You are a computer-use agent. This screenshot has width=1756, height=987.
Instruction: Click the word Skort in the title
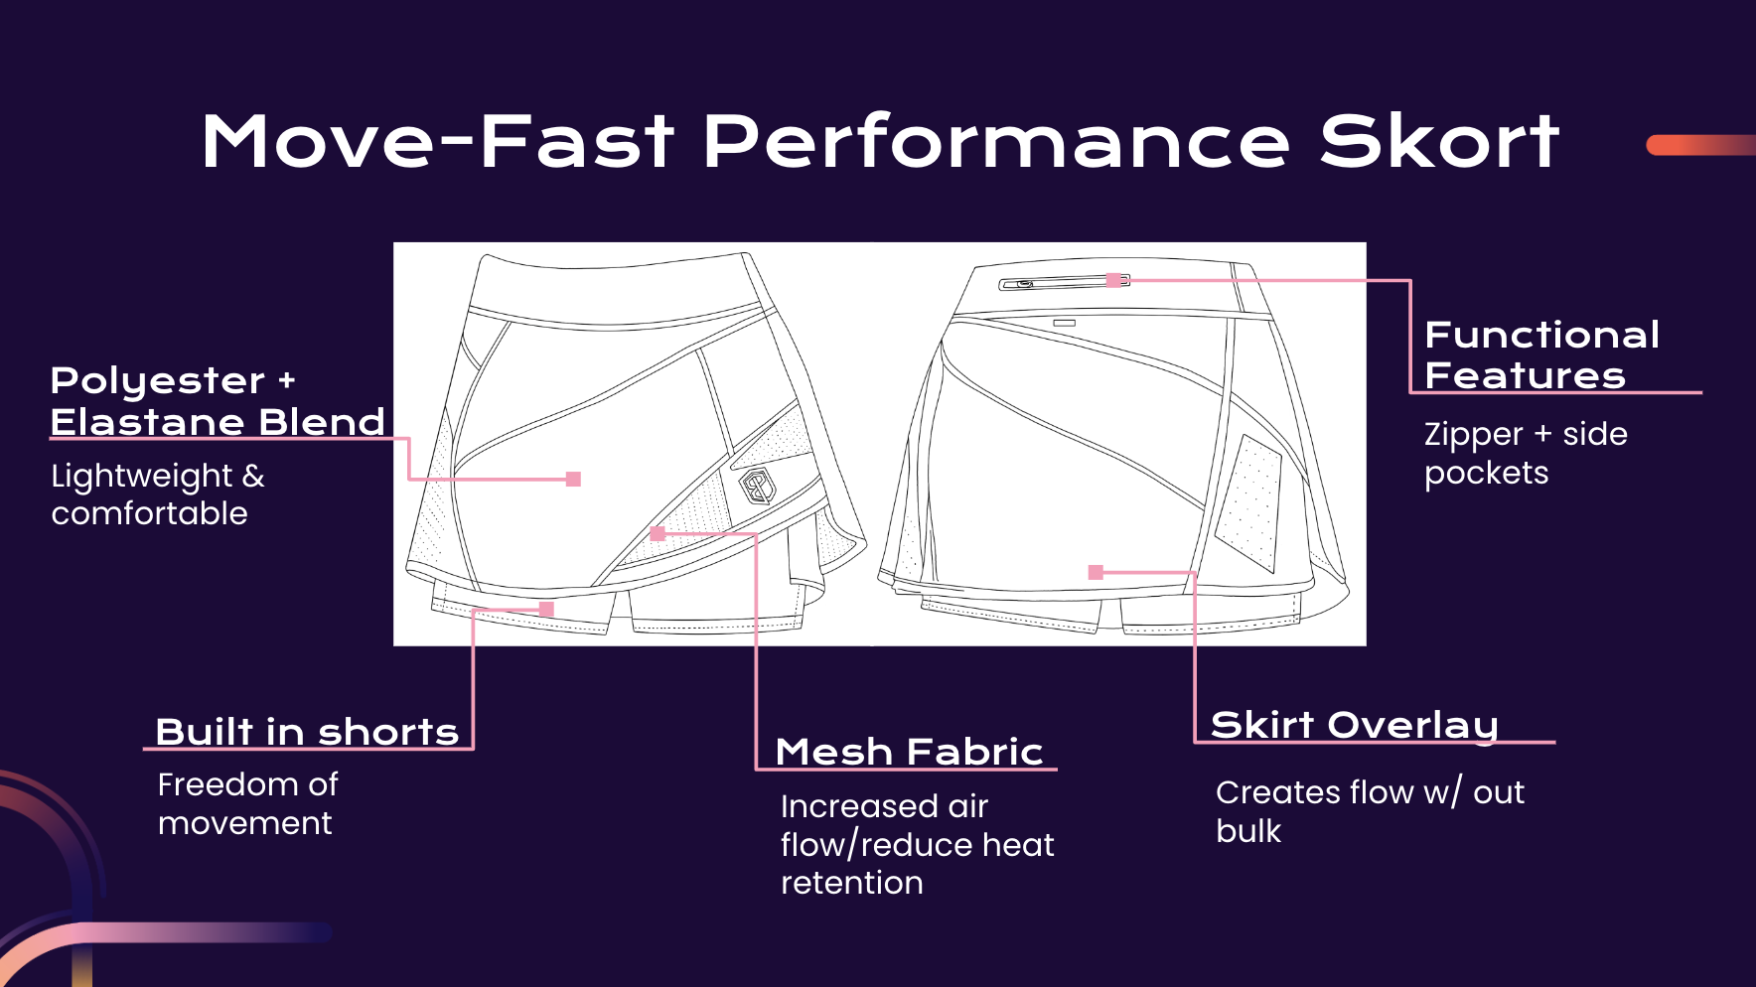pyautogui.click(x=1439, y=142)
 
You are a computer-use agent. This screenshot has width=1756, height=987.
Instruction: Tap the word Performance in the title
pyautogui.click(x=996, y=142)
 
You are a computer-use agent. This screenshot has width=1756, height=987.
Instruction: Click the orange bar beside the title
pyautogui.click(x=1699, y=145)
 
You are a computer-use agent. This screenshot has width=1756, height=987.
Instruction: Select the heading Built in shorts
pyautogui.click(x=307, y=732)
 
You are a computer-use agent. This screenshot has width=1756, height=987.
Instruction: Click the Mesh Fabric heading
pyautogui.click(x=909, y=752)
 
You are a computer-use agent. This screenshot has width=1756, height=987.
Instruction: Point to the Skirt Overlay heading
pyautogui.click(x=1354, y=725)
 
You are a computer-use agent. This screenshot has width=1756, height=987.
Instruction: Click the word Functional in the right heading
pyautogui.click(x=1541, y=335)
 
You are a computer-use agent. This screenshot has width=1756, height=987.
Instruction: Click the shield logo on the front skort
pyautogui.click(x=759, y=487)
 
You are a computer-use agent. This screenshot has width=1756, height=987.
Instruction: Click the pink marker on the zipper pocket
pyautogui.click(x=1114, y=281)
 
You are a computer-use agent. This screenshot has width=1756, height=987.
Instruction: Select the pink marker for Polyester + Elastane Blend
pyautogui.click(x=573, y=479)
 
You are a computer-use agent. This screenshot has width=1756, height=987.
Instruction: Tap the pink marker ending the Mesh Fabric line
pyautogui.click(x=657, y=533)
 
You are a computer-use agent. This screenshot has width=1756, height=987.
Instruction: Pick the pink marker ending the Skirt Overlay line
pyautogui.click(x=1096, y=572)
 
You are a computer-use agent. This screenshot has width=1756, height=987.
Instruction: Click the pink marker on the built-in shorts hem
pyautogui.click(x=546, y=609)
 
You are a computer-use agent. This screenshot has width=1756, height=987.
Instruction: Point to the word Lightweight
pyautogui.click(x=141, y=477)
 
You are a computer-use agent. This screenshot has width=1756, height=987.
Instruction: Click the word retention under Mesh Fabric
pyautogui.click(x=851, y=883)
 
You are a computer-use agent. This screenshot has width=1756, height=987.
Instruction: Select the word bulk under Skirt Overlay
pyautogui.click(x=1247, y=831)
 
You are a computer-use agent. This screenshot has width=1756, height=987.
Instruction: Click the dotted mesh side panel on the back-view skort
pyautogui.click(x=1250, y=501)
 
